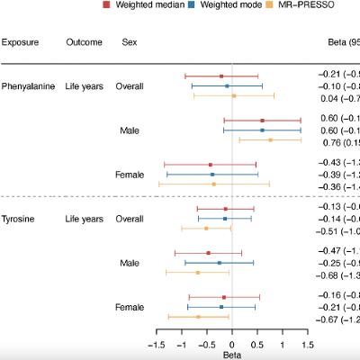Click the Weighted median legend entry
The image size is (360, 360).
[x=139, y=4]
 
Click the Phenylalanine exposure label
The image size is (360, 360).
[x=30, y=86]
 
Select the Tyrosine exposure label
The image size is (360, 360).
[x=19, y=219]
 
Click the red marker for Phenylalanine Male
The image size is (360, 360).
[x=262, y=120]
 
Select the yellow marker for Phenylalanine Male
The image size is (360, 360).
[x=270, y=139]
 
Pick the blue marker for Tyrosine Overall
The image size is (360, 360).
[x=225, y=219]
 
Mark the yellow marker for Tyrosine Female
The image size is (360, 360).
[x=198, y=317]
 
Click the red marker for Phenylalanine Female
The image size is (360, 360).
[x=211, y=165]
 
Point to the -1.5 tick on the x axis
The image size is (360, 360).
[x=157, y=344]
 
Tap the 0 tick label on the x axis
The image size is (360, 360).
[x=232, y=344]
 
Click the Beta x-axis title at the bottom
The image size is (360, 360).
[x=232, y=355]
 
